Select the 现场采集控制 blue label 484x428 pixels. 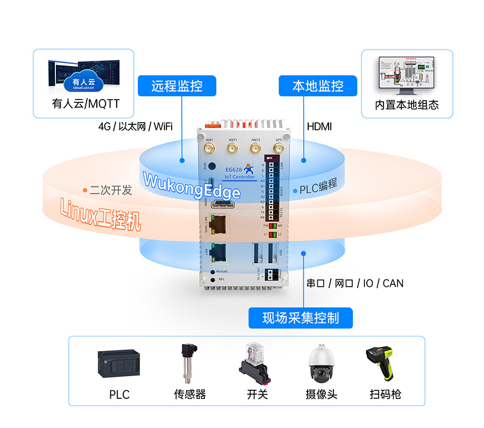[301, 318]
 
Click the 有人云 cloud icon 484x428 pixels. [83, 80]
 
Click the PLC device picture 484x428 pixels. [118, 364]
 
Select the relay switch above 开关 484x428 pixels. [254, 362]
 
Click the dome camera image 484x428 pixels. [322, 363]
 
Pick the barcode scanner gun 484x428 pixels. [381, 362]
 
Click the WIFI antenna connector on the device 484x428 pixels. [210, 148]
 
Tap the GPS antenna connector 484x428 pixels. [278, 148]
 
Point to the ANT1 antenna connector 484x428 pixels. [232, 148]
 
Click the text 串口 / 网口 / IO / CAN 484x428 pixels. [355, 283]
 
